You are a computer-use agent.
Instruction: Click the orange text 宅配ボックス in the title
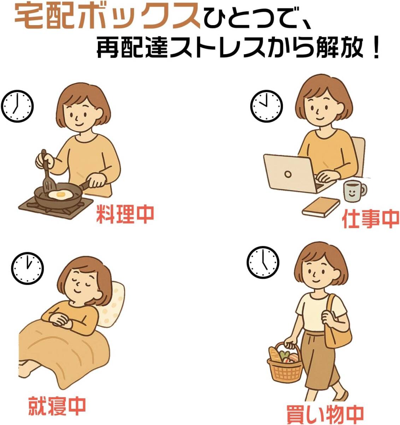[x=107, y=17]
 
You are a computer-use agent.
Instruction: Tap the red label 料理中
[x=125, y=214]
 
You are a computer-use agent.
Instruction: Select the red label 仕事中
[x=371, y=219]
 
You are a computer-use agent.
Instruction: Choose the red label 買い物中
[x=325, y=413]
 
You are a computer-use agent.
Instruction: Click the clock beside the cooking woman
[x=17, y=106]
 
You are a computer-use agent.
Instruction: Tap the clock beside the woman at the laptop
[x=266, y=106]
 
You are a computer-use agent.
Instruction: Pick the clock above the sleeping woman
[x=27, y=268]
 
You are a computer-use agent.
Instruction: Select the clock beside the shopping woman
[x=263, y=262]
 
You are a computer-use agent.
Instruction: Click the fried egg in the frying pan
[x=60, y=194]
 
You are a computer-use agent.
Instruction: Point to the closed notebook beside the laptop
[x=321, y=207]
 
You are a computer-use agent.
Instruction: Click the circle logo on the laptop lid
[x=288, y=174]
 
